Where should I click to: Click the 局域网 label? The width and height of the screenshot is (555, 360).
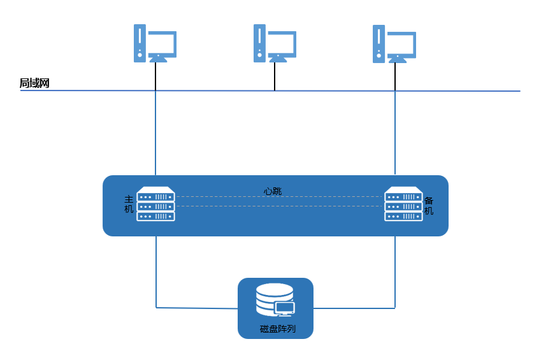pos(34,83)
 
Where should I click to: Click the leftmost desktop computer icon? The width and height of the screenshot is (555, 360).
pos(155,43)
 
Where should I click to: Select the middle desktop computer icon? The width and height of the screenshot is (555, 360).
pos(275,43)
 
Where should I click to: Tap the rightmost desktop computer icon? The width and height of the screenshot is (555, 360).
pos(394,43)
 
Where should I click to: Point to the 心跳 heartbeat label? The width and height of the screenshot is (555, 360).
pos(273,191)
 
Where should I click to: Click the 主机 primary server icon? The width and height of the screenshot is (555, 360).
pos(155,204)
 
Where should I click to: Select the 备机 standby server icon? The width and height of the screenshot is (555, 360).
pos(403,204)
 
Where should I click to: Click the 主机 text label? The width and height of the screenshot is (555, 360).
pos(129,205)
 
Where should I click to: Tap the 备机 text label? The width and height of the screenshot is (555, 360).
pos(429,205)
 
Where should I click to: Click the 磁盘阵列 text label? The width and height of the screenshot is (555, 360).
pos(278,329)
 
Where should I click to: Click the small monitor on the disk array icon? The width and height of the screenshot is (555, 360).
pos(285,309)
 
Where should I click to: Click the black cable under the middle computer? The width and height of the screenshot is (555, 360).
pos(275,76)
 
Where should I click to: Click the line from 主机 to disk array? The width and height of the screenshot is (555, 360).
pos(156,274)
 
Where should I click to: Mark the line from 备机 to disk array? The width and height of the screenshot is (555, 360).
pos(395,274)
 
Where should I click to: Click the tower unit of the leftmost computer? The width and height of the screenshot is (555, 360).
pos(140,43)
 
